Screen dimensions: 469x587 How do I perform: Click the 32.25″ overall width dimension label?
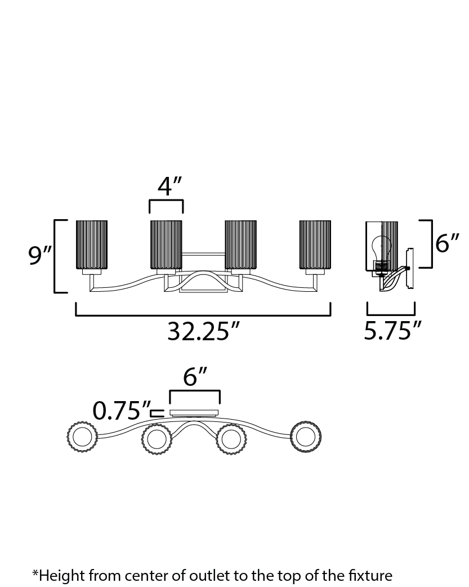tap(203, 331)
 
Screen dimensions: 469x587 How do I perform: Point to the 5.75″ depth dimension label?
tap(392, 330)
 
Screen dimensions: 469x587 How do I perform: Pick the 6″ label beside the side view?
tap(447, 243)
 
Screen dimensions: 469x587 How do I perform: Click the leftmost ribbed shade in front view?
tap(92, 245)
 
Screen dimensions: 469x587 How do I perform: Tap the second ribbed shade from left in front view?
tap(166, 245)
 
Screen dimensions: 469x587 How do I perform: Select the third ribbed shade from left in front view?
tap(240, 245)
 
